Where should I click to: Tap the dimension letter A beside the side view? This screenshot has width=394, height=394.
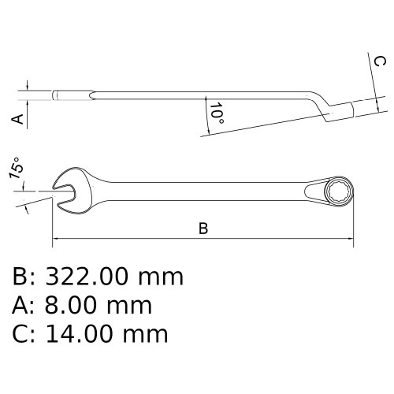coord(16,118)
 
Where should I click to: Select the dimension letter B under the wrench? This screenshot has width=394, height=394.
coord(203,229)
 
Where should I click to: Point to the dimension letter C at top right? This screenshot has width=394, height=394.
coord(379,62)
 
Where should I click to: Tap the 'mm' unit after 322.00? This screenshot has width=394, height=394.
coord(162,277)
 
